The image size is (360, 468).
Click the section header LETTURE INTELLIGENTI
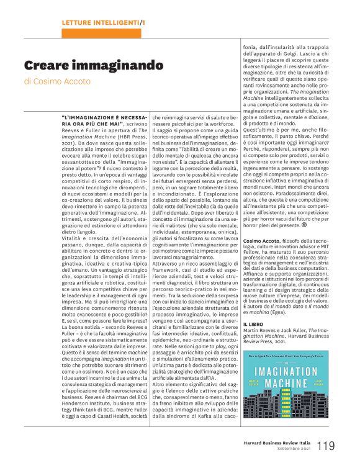coord(100,23)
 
